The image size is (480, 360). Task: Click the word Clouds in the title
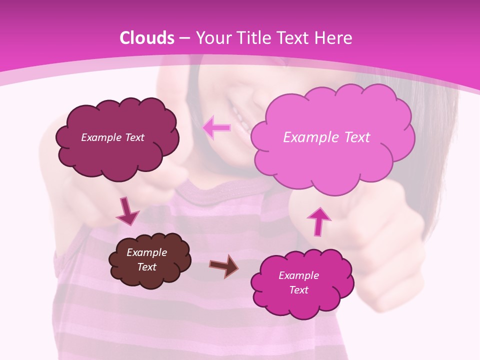[147, 38]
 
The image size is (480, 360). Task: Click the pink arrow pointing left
[217, 128]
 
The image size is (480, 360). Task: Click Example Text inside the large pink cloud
[326, 137]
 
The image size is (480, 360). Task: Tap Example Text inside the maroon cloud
[112, 137]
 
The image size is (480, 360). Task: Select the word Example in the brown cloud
[147, 252]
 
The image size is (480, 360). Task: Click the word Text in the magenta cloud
[299, 290]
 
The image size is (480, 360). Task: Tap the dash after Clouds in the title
[184, 38]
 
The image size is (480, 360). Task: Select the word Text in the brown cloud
[147, 267]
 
